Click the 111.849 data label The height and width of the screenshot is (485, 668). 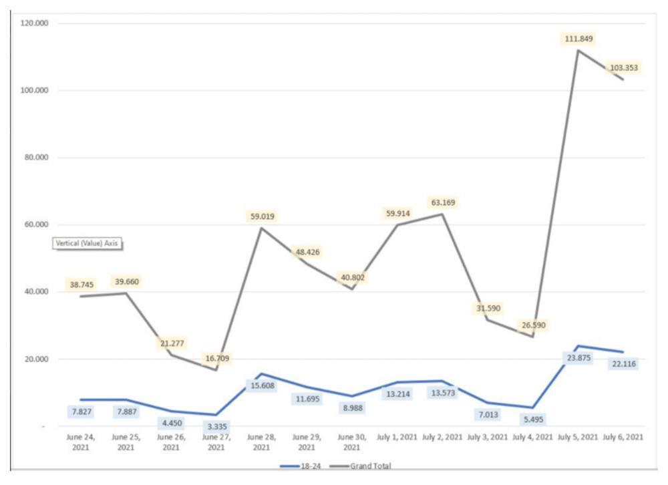pos(577,39)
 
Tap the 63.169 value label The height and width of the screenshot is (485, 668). pos(444,202)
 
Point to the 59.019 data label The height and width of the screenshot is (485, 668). pos(262,216)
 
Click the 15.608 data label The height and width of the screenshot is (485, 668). pos(263,385)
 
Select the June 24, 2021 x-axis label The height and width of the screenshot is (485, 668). pos(80,442)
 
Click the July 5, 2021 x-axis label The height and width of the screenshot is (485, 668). pos(578,438)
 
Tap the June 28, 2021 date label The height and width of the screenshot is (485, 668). pos(262,442)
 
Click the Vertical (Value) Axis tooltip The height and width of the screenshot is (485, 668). pos(88,244)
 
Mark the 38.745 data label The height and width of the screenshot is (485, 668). pos(81,285)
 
